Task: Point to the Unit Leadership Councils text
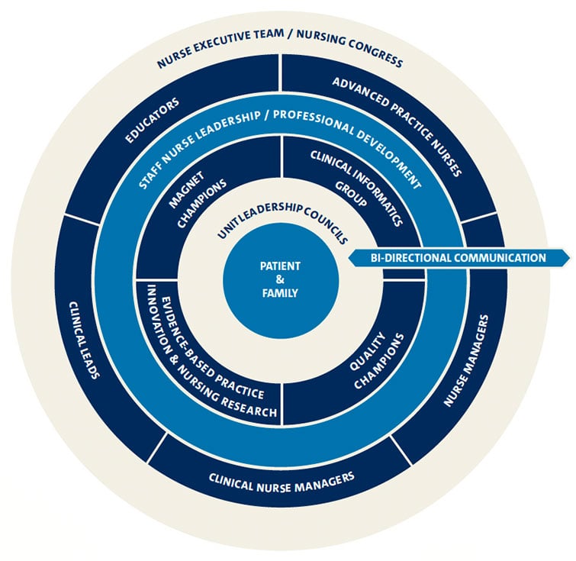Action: [280, 221]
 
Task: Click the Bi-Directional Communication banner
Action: [459, 258]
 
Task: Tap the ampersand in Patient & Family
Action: [280, 279]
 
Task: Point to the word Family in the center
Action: [280, 293]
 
